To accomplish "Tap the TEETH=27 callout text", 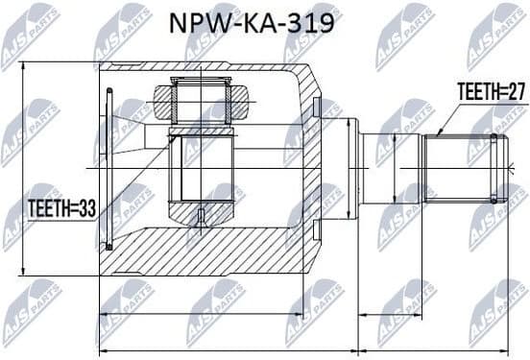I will (490, 92).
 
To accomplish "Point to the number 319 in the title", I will (313, 22).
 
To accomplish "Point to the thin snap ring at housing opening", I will (110, 169).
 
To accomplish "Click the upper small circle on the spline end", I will (494, 138).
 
